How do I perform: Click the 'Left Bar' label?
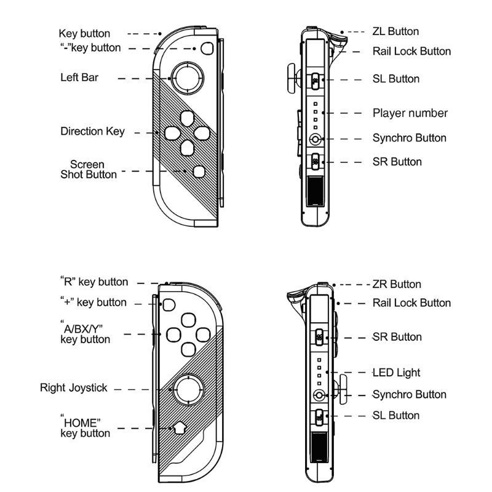[79, 77]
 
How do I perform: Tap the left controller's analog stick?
[188, 79]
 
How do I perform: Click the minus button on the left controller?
[207, 49]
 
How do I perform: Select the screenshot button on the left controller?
[199, 172]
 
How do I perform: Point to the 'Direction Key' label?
[93, 132]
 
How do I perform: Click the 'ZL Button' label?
[395, 31]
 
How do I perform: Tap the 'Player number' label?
[410, 113]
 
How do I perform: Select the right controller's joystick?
[188, 389]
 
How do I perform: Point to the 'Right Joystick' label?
[74, 388]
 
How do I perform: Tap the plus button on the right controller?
[169, 304]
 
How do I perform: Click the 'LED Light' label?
[396, 373]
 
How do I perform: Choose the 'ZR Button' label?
[397, 284]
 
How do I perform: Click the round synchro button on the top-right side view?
[315, 140]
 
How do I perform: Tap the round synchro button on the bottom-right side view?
[319, 395]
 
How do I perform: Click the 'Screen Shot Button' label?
[89, 170]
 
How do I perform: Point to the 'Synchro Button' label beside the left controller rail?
[410, 138]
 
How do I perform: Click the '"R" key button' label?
[94, 282]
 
